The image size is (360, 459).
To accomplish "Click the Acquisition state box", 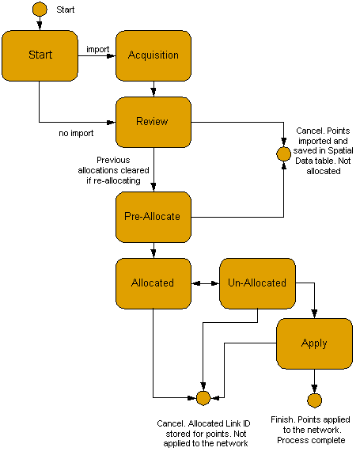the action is click(153, 55).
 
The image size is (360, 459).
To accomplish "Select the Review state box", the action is click(153, 122).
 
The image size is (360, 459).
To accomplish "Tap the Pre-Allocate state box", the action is click(153, 217).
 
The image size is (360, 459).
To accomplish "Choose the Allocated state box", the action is click(153, 283).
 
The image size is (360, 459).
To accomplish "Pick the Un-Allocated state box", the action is click(258, 283).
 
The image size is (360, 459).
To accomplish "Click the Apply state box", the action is click(314, 343).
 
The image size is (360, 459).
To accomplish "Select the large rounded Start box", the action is click(40, 55).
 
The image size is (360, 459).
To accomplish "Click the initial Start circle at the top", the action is click(40, 9).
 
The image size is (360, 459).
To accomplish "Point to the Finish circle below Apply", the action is click(315, 400).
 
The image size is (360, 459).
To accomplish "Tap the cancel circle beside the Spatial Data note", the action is click(283, 154).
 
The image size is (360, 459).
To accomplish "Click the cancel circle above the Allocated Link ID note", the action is click(203, 398).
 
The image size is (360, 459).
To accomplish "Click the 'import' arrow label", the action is click(98, 50).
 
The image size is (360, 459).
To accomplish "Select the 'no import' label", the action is click(76, 133).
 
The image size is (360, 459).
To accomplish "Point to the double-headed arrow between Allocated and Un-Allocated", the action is click(206, 283).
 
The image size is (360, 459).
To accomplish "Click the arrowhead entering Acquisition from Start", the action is click(112, 55).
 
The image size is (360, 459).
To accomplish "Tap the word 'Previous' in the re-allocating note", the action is click(113, 160).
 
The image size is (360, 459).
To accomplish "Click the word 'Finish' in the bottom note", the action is click(283, 419).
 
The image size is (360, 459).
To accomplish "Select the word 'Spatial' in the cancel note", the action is click(340, 150).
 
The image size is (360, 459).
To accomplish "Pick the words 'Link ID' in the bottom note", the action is click(237, 423).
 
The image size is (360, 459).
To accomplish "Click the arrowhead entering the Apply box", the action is click(314, 314).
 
